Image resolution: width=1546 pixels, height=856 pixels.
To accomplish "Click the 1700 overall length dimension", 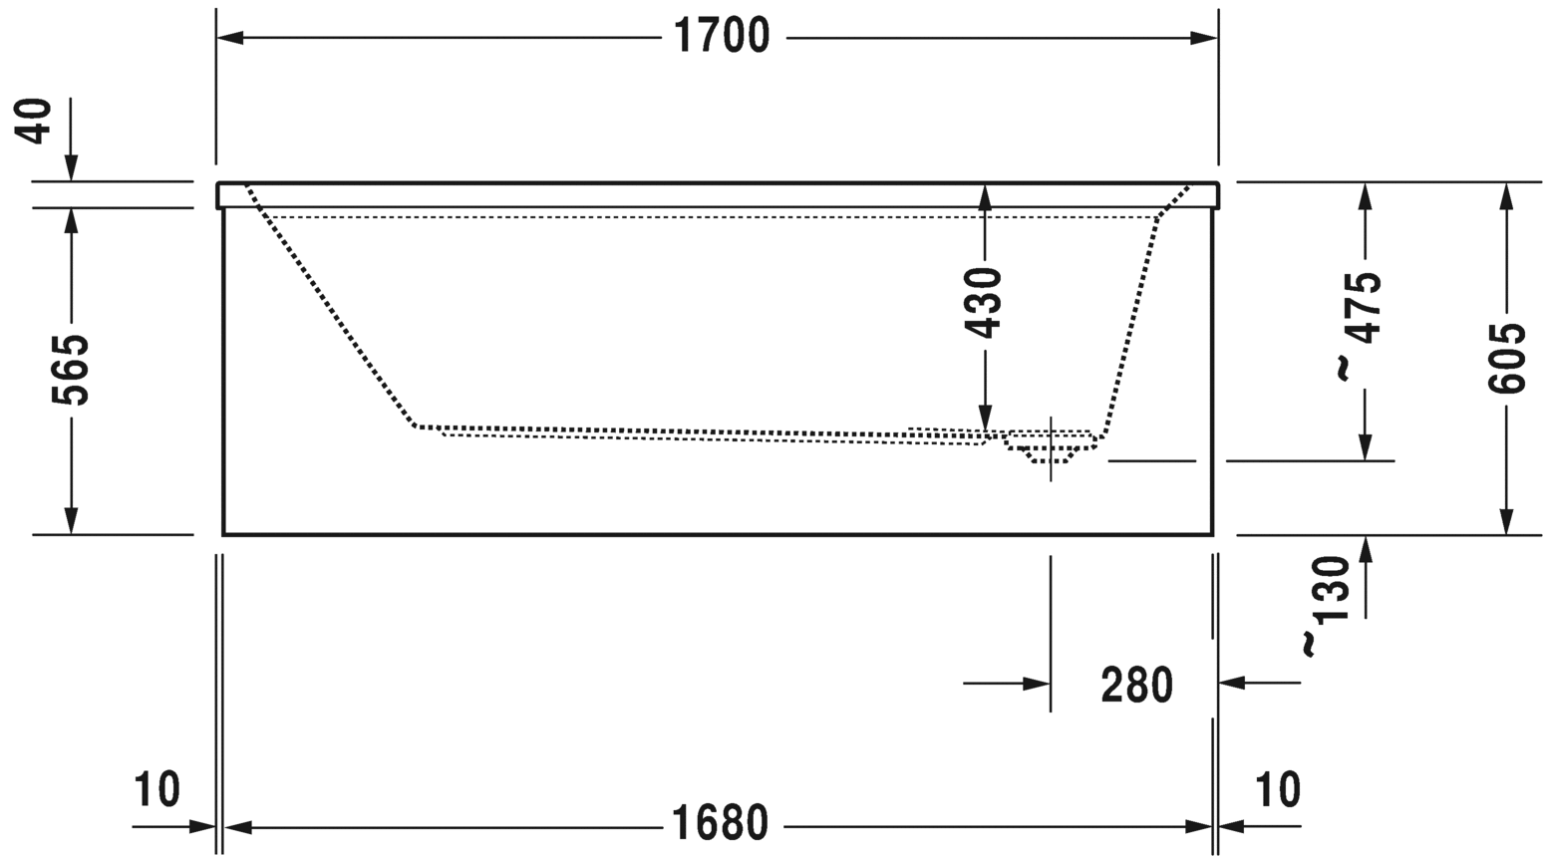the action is (722, 36).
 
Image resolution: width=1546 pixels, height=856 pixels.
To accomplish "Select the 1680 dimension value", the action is (720, 823).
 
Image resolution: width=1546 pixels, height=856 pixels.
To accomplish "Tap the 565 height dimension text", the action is (71, 370).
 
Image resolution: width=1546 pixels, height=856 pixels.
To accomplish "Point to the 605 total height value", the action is (1506, 359).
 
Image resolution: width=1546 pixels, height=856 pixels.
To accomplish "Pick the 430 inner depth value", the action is (983, 304).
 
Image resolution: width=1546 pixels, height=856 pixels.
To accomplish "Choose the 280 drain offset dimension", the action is (1136, 685).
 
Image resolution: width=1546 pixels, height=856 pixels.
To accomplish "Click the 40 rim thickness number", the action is (34, 122).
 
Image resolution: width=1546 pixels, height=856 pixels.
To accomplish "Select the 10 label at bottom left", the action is (156, 789).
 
